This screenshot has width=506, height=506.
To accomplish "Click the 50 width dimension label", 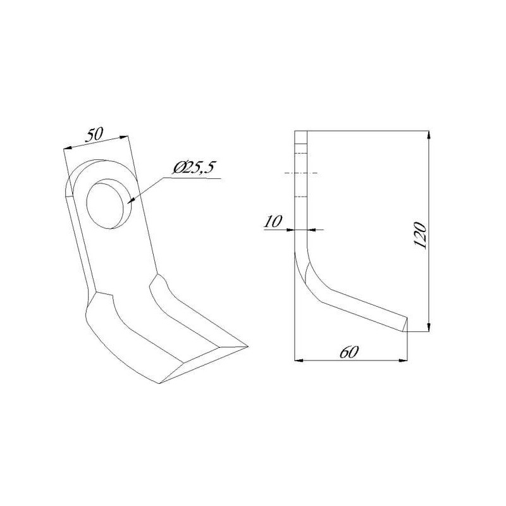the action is coord(94,134).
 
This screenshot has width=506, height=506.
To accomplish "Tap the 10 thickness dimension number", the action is coord(273,221).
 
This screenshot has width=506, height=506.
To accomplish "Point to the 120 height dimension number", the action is coord(420,235).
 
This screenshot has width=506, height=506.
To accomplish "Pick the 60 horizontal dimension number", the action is coord(349,352).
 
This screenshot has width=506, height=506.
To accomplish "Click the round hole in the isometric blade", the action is coord(106,204).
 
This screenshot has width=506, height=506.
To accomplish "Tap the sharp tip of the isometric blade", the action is coord(248,346).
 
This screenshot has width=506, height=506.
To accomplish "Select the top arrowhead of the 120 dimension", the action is coord(428,135).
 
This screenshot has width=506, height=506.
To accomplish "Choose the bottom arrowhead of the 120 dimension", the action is coord(428,326).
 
